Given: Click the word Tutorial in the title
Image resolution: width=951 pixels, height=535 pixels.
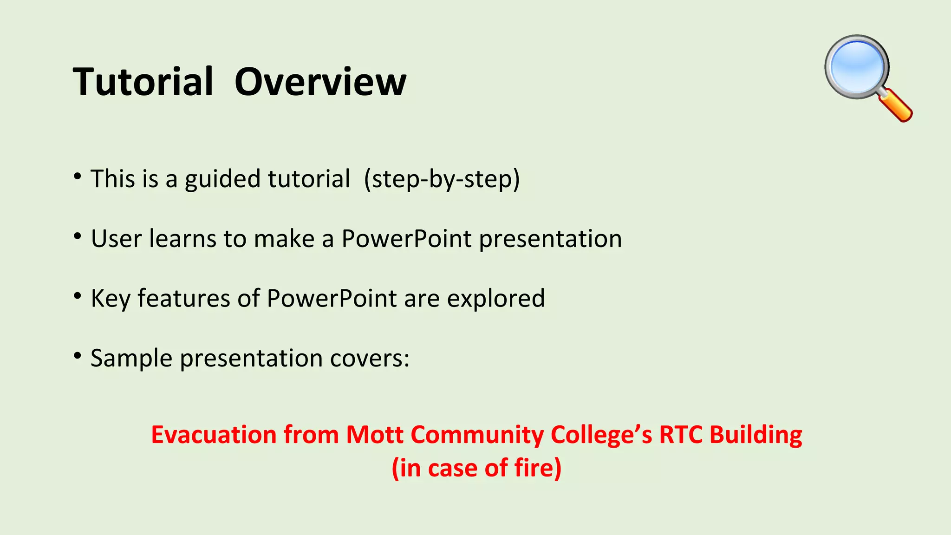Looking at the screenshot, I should pos(143,82).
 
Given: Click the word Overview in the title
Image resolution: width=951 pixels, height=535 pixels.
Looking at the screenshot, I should pos(320,82).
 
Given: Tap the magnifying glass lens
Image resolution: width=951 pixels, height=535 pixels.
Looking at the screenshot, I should pos(857,66).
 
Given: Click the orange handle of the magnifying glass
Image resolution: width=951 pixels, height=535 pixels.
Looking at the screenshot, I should pos(896,106).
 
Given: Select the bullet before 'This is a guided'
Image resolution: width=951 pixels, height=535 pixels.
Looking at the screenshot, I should pos(78,176).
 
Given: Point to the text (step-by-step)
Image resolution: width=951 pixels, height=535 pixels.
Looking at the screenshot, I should pos(442,179).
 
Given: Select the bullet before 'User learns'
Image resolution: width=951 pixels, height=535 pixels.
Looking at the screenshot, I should pos(78,236).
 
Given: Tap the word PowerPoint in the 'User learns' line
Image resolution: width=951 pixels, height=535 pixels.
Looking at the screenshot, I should pos(406,239).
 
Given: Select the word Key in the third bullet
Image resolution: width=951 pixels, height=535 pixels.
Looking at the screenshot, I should pos(111,299).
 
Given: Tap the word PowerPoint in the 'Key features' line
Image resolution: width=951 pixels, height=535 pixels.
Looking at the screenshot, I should pos(332,299).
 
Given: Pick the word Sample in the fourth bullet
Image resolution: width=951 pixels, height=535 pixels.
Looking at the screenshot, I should pos(131,359).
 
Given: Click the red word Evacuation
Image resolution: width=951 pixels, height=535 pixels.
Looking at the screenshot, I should pos(214,435).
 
